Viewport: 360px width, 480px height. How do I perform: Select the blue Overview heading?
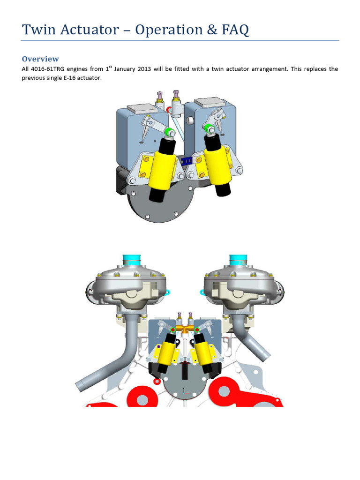pyautogui.click(x=40, y=59)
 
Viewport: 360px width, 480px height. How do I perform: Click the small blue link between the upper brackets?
pyautogui.click(x=187, y=160)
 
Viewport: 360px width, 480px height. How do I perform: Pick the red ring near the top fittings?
pyautogui.click(x=169, y=110)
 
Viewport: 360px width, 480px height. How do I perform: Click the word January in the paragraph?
pyautogui.click(x=128, y=69)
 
